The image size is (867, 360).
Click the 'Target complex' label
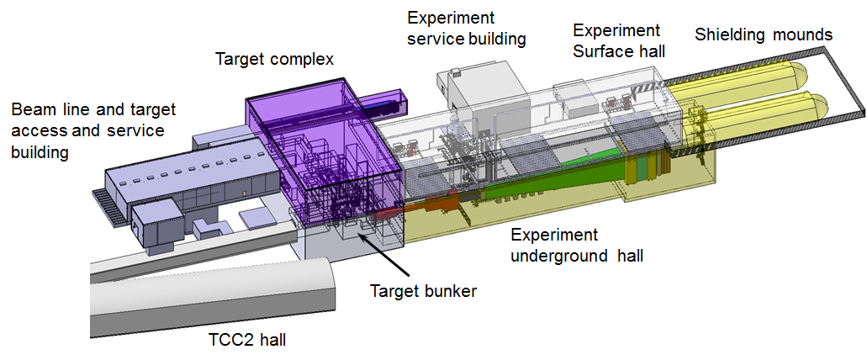[274, 59]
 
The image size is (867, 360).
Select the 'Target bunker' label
[423, 291]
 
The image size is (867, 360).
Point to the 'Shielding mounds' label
[764, 34]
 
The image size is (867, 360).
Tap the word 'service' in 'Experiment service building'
[435, 40]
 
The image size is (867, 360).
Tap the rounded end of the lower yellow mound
[817, 104]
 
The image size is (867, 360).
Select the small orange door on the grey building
[243, 193]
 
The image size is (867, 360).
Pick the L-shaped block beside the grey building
[209, 227]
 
